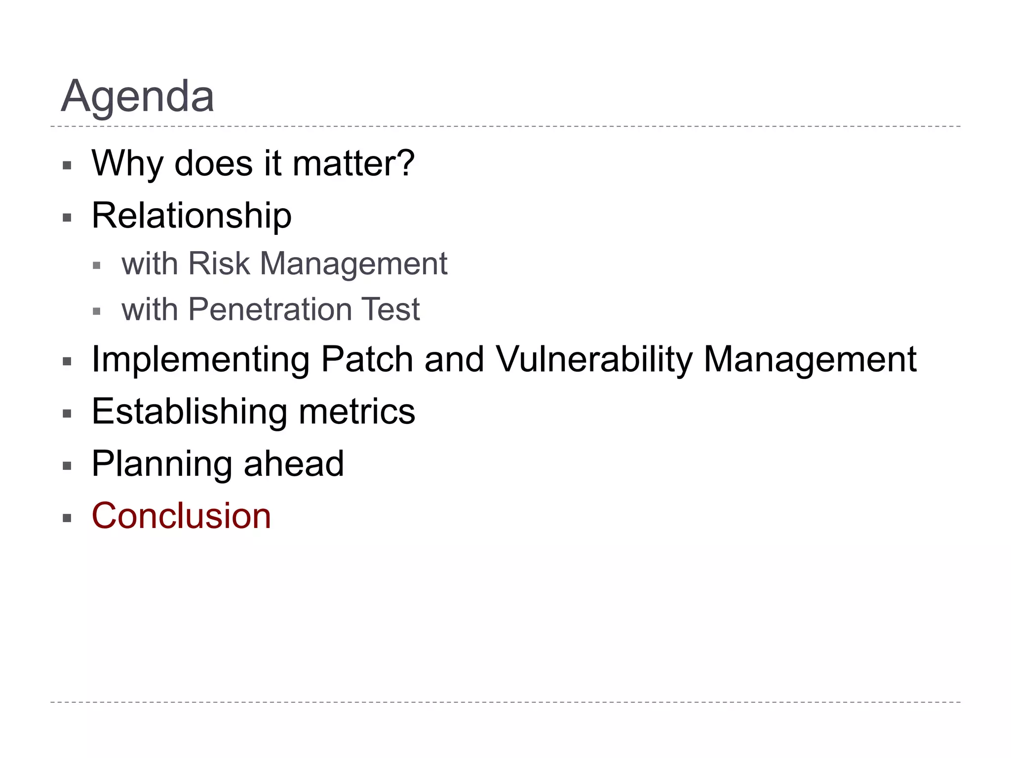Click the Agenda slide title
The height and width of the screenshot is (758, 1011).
click(137, 96)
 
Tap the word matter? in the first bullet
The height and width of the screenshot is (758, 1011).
click(353, 163)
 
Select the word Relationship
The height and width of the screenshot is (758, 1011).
click(192, 216)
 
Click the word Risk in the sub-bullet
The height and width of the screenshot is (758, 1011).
click(219, 264)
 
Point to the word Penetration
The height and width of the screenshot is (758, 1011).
click(270, 310)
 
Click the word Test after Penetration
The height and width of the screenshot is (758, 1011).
click(390, 310)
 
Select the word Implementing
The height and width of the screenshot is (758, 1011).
click(200, 360)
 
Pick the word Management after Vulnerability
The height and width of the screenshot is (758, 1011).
click(810, 360)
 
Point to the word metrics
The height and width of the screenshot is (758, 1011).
click(357, 412)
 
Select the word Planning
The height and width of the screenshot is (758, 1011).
click(161, 464)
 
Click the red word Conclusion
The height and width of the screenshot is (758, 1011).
click(181, 516)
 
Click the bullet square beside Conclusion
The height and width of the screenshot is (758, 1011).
click(67, 518)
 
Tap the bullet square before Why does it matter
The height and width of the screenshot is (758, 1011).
click(67, 165)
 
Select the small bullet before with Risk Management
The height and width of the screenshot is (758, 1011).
click(97, 266)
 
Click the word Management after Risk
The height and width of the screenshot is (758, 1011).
click(353, 265)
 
